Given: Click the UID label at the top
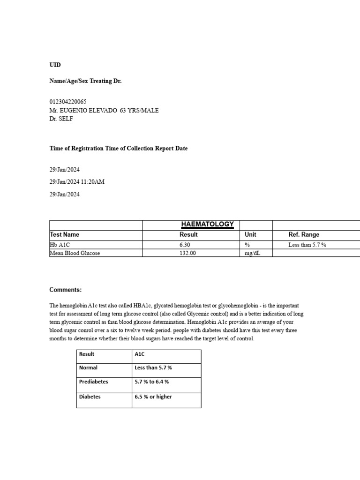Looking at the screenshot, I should (x=55, y=65).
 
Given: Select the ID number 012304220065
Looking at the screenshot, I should (x=68, y=102).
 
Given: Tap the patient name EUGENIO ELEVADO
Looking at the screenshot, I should (x=89, y=110).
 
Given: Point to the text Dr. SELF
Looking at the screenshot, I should (x=61, y=119).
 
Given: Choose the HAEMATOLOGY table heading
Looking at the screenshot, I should (x=207, y=225).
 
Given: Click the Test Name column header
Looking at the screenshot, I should (x=65, y=234).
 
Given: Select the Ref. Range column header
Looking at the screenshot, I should (x=304, y=234).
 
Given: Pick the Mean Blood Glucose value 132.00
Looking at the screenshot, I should (x=188, y=253).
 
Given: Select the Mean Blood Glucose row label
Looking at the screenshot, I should (x=75, y=253).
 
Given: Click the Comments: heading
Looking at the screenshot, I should (x=66, y=290).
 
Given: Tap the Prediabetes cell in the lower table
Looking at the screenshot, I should (x=94, y=382).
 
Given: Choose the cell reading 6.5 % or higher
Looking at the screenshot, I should (x=153, y=397).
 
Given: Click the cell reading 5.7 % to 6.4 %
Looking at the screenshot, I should (x=152, y=382).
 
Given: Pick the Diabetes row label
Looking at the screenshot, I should (x=90, y=397).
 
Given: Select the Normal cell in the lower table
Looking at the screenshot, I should (x=88, y=367).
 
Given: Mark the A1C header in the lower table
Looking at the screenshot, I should (x=140, y=354).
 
